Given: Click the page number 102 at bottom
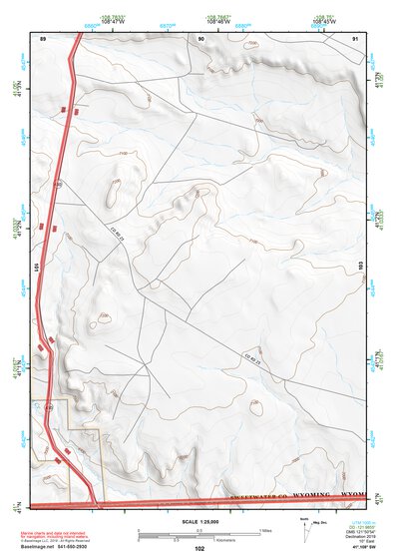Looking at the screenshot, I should click(199, 549).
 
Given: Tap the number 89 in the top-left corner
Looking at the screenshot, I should click(43, 36).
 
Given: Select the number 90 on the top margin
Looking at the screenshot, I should click(201, 36).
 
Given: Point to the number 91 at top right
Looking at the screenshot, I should click(356, 36).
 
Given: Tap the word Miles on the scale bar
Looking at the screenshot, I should click(265, 529).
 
